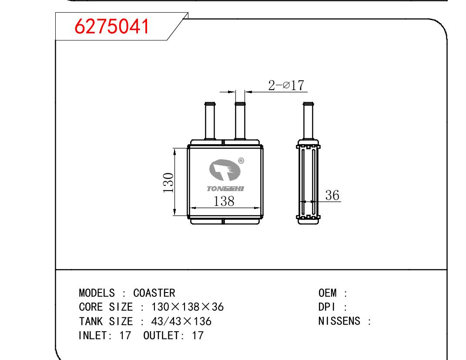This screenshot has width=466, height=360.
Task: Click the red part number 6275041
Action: (112, 26)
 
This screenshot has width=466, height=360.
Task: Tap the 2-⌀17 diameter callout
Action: (286, 85)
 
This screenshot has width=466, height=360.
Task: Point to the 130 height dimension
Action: (168, 182)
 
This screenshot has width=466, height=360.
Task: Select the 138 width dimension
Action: (224, 201)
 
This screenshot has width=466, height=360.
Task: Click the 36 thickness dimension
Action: (332, 195)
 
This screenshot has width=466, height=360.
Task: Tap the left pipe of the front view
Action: (210, 121)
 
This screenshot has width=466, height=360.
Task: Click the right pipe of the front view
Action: (240, 121)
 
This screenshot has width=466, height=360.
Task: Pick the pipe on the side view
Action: (308, 121)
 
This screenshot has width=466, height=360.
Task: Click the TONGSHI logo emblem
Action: (225, 170)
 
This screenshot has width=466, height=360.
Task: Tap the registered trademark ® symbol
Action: (241, 161)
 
